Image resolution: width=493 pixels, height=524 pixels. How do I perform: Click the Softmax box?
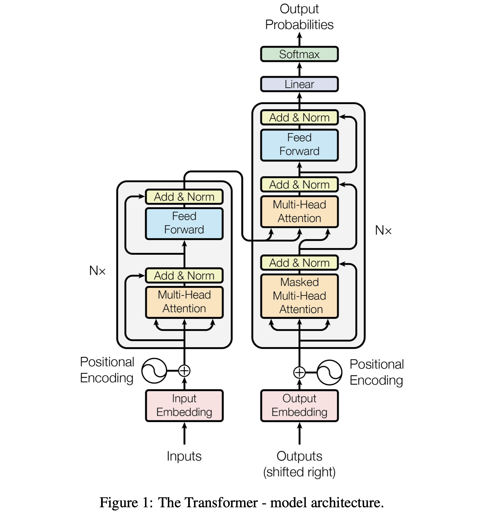pos(299,54)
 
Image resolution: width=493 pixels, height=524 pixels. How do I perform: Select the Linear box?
pos(299,84)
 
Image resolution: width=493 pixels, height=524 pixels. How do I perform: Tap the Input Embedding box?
pos(184,405)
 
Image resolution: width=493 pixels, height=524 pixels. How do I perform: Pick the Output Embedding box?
pos(299,405)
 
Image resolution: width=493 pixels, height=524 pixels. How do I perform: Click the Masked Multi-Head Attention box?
pos(299,296)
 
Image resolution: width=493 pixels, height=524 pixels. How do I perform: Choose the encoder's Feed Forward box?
pos(184,223)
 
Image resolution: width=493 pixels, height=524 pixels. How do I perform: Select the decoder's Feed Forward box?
pos(299,145)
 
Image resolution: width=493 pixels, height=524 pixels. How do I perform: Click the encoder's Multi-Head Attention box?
pos(184,302)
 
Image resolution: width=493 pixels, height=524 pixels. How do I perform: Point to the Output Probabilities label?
pos(299,17)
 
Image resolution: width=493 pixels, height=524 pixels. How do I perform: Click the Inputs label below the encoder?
pos(184,456)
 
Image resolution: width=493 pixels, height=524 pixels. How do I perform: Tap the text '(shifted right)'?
pos(299,472)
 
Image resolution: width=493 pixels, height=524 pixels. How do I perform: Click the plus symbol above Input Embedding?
pos(184,371)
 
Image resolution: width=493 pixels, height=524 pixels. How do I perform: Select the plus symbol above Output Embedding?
pos(299,372)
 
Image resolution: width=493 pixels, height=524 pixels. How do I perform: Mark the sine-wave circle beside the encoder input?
pos(154,371)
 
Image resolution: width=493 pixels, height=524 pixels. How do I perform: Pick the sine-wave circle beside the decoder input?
pos(329,372)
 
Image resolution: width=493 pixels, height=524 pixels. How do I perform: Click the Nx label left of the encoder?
pos(97,271)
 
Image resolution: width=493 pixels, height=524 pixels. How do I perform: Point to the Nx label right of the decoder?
pos(383,230)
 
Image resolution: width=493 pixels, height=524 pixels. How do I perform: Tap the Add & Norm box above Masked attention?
pos(299,263)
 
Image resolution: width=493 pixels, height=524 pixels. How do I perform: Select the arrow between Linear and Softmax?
pos(299,69)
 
